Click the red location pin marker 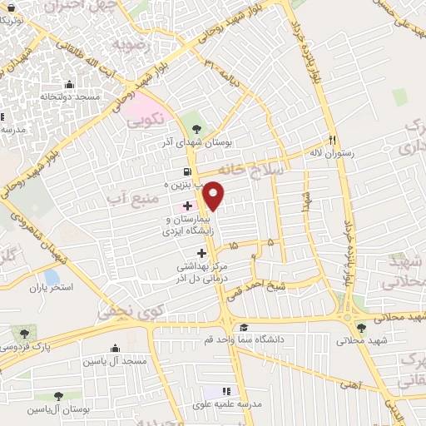pos(214,196)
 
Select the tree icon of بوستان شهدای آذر pos(196,128)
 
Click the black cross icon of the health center pos(201,252)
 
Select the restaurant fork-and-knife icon pos(333,140)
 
